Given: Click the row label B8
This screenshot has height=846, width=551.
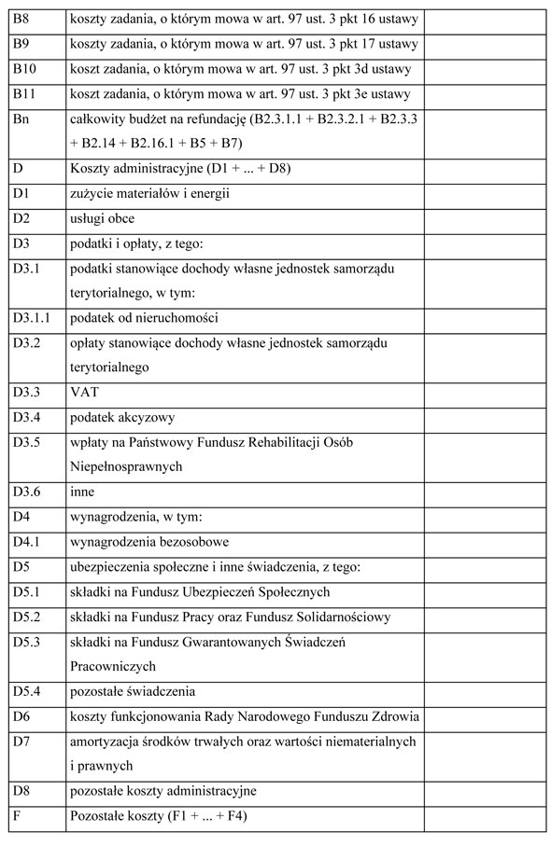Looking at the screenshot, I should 21,19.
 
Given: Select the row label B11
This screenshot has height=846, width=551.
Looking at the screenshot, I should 23,95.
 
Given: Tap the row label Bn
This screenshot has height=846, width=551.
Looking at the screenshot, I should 21,120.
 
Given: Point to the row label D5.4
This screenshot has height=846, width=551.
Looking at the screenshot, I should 28,691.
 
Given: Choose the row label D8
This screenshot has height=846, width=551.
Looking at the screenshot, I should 21,791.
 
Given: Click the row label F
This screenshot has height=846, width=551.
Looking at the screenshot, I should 16,816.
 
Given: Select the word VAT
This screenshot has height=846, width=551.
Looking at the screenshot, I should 84,392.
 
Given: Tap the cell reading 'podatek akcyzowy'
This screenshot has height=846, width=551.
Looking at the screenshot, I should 121,417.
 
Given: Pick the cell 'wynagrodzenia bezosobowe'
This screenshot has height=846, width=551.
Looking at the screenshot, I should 149,541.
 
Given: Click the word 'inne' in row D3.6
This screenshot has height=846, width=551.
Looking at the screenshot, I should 82,491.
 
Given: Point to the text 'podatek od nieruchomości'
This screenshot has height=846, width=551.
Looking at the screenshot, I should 144,317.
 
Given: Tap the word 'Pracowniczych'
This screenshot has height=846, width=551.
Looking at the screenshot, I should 112,666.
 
